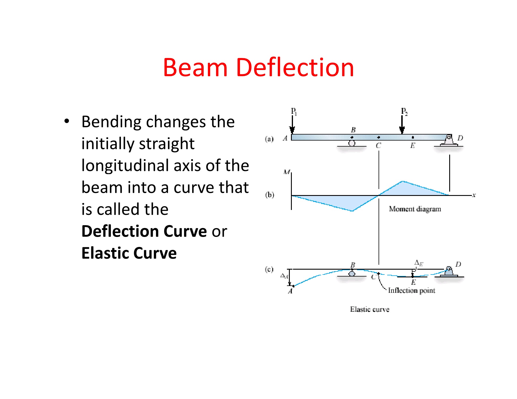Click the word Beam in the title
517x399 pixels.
pyautogui.click(x=195, y=68)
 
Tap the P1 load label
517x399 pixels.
pyautogui.click(x=294, y=111)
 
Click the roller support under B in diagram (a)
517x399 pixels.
pyautogui.click(x=352, y=143)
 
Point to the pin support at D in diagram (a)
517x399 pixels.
pyautogui.click(x=449, y=141)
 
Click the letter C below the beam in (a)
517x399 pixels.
pyautogui.click(x=378, y=146)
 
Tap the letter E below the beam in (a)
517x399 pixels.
pyautogui.click(x=413, y=146)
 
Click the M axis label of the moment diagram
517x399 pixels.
pyautogui.click(x=287, y=172)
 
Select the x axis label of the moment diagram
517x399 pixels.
pyautogui.click(x=474, y=195)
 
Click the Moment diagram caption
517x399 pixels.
pyautogui.click(x=415, y=209)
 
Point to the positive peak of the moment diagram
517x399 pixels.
pyautogui.click(x=403, y=182)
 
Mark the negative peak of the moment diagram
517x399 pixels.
pyautogui.click(x=352, y=211)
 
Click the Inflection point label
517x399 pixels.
pyautogui.click(x=412, y=291)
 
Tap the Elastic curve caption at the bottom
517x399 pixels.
pyautogui.click(x=370, y=309)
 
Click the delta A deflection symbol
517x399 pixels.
pyautogui.click(x=284, y=276)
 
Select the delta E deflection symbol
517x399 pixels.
pyautogui.click(x=418, y=263)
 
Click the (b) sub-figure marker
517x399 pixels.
pyautogui.click(x=269, y=195)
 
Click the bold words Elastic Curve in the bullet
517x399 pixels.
pyautogui.click(x=129, y=253)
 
